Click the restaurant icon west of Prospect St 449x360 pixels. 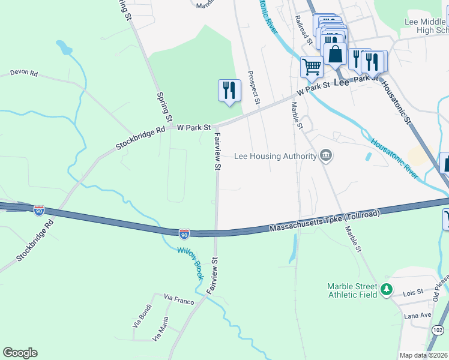click(x=229, y=91)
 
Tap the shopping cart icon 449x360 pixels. click(x=312, y=67)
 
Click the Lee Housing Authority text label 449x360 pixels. click(x=276, y=157)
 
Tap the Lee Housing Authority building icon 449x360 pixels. click(x=326, y=156)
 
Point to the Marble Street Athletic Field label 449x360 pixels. click(x=352, y=290)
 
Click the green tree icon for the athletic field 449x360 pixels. click(x=387, y=290)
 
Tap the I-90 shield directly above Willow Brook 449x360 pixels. click(x=184, y=233)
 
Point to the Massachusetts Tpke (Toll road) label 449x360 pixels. click(x=325, y=223)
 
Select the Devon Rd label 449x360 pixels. click(x=23, y=73)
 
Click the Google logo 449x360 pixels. click(x=20, y=353)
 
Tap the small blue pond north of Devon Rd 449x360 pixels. click(x=62, y=47)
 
